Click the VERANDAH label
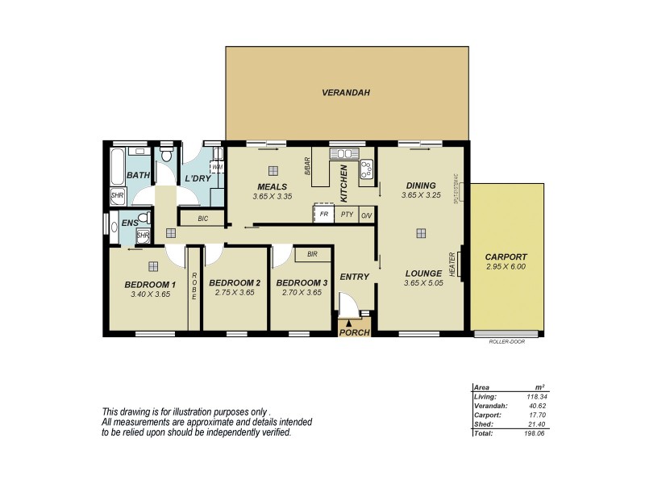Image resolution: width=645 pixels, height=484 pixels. click(x=346, y=93)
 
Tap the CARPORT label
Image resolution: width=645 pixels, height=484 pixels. click(x=506, y=257)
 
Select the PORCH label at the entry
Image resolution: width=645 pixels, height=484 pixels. click(x=354, y=332)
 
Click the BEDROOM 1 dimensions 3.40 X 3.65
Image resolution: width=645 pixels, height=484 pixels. click(x=149, y=294)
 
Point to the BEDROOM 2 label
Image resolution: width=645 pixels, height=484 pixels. click(x=234, y=282)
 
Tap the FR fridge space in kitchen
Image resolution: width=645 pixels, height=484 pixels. click(x=324, y=214)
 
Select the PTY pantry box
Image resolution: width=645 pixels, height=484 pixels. click(x=346, y=214)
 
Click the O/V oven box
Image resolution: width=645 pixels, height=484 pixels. click(x=366, y=215)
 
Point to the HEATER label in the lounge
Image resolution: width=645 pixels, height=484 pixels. click(x=452, y=264)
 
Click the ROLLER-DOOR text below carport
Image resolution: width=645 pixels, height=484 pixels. click(x=506, y=341)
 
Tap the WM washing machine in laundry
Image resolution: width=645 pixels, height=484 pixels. click(x=217, y=167)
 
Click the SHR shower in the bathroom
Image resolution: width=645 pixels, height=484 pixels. click(x=117, y=195)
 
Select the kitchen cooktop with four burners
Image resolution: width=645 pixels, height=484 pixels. click(x=368, y=169)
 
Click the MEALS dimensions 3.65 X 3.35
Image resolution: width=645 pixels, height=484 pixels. click(x=270, y=196)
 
